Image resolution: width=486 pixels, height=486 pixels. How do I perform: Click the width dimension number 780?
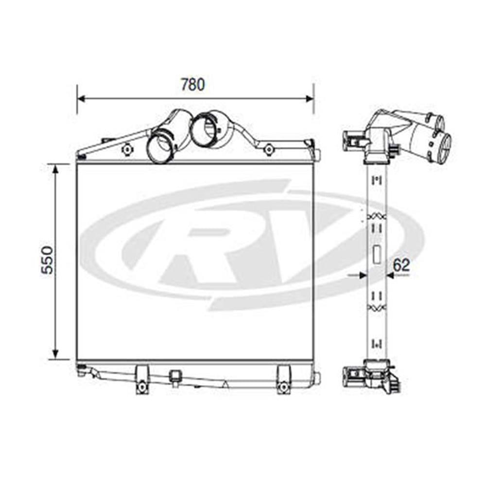click(193, 85)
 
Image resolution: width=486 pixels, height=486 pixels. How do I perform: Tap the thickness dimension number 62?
click(401, 265)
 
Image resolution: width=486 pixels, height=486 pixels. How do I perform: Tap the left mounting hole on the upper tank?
click(126, 149)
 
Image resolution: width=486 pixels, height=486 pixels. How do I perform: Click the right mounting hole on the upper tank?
click(268, 149)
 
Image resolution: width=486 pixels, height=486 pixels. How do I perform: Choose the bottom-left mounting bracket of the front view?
click(141, 380)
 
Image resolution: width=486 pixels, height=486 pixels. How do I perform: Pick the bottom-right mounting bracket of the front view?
click(283, 380)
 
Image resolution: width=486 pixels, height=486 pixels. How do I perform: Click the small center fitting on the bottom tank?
click(174, 376)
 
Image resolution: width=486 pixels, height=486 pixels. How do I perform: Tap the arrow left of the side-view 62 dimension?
click(361, 275)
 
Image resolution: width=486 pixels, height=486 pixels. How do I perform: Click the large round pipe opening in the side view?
click(444, 148)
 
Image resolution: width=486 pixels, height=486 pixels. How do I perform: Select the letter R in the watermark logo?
click(204, 253)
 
